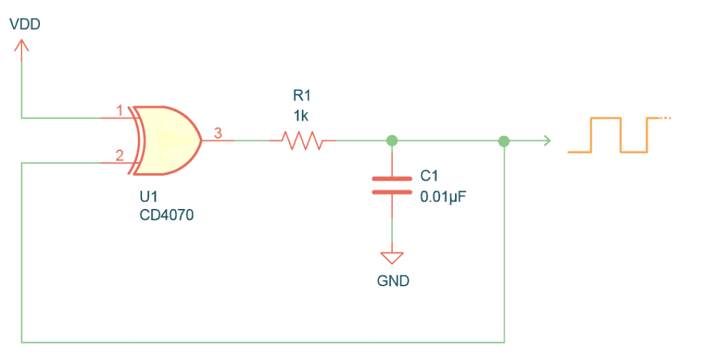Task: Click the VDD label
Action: point(24,25)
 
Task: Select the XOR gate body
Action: point(169,140)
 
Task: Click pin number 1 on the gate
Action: point(119,110)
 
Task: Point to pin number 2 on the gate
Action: point(119,156)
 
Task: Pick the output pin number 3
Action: point(218,134)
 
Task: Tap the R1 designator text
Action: point(301,95)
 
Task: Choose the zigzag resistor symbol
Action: point(301,141)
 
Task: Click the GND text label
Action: point(392,281)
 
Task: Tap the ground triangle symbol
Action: point(392,259)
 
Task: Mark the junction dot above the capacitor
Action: point(392,141)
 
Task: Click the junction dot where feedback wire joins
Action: point(504,141)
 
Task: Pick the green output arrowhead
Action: point(546,141)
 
